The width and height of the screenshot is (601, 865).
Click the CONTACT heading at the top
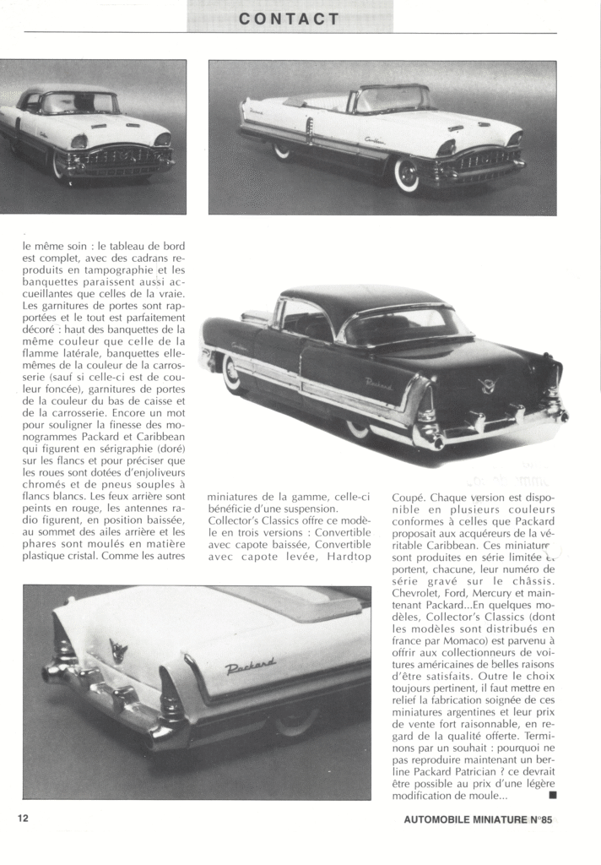289,18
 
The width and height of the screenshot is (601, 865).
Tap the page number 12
24,818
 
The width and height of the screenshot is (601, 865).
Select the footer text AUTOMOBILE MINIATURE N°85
478,819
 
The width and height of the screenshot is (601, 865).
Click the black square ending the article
552,795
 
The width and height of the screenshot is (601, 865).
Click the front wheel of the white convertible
407,174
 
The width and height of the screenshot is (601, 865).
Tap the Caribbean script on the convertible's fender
375,140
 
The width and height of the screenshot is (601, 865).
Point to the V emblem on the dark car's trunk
487,385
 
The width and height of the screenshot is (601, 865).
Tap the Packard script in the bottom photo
251,667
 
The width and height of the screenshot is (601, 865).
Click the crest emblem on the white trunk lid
118,650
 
